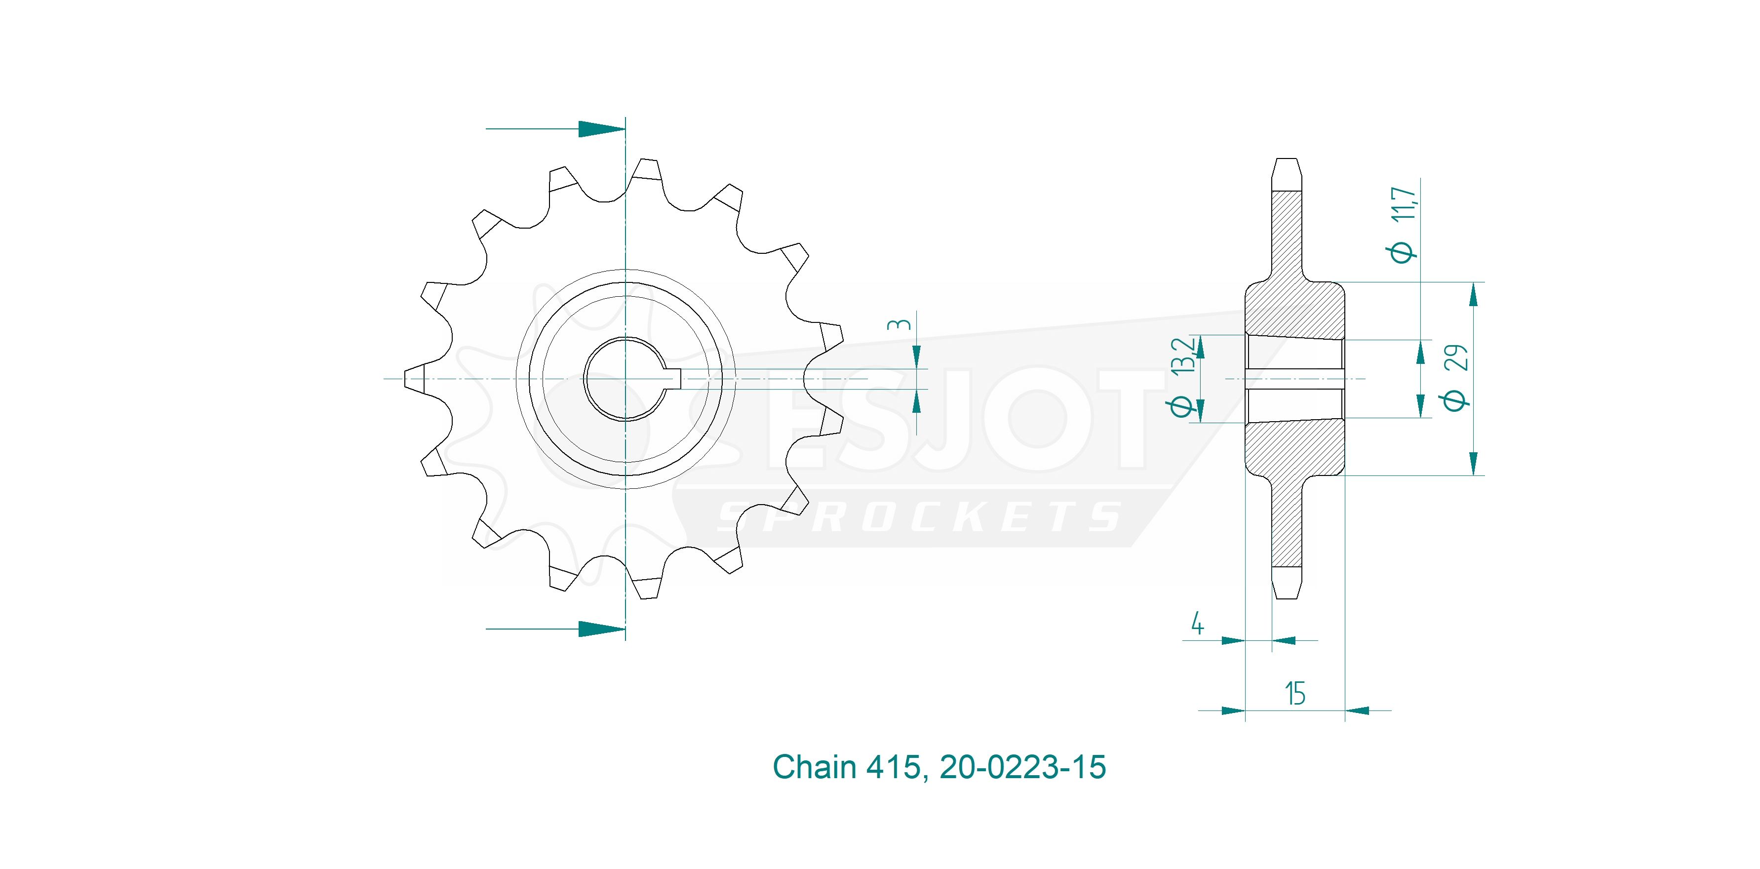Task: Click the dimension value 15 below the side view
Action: tap(1295, 693)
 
